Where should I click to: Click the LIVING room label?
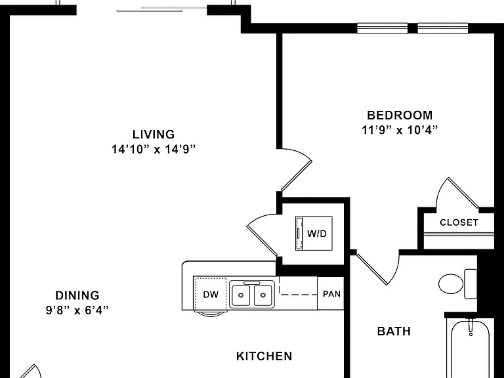tap(154, 134)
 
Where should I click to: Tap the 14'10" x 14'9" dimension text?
tap(154, 149)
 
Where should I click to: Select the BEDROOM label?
tap(400, 115)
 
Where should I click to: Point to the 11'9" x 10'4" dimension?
tap(400, 130)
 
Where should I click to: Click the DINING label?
tap(77, 295)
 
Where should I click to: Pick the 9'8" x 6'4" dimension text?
tap(77, 310)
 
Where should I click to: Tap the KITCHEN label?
tap(264, 356)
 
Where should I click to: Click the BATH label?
tap(394, 331)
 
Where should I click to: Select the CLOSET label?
tap(459, 222)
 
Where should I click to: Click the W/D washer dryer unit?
tap(314, 233)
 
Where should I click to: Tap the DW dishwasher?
tap(211, 295)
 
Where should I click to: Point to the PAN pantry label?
tap(331, 294)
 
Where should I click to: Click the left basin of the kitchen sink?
tap(241, 295)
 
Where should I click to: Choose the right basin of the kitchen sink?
tap(263, 295)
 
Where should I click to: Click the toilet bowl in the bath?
tap(451, 283)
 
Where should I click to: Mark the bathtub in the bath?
tap(470, 348)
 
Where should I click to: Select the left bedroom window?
tap(383, 28)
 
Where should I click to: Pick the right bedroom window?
tap(442, 28)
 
